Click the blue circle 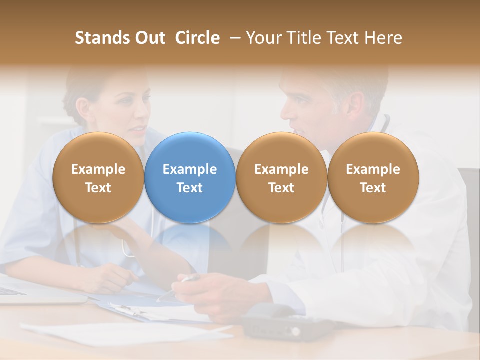point(190,178)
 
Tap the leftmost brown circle point(98,178)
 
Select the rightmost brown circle point(373,178)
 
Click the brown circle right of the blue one point(281,178)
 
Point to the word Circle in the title point(197,38)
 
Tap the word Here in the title point(383,38)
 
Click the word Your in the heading point(262,38)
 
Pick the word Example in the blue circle point(190,169)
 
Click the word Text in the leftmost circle point(98,188)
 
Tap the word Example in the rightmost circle point(373,169)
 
